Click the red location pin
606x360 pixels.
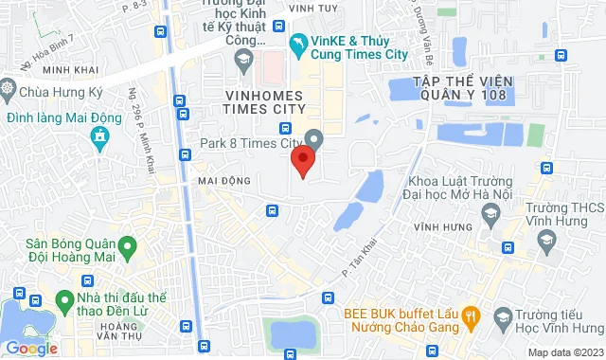coord(302,160)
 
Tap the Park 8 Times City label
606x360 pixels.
coord(251,143)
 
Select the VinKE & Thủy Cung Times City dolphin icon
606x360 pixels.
coord(299,44)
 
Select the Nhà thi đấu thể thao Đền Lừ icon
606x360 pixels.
coord(65,301)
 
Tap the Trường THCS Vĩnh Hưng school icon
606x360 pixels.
coord(545,241)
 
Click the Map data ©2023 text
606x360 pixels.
coord(564,352)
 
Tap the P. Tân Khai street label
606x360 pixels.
coord(352,257)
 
